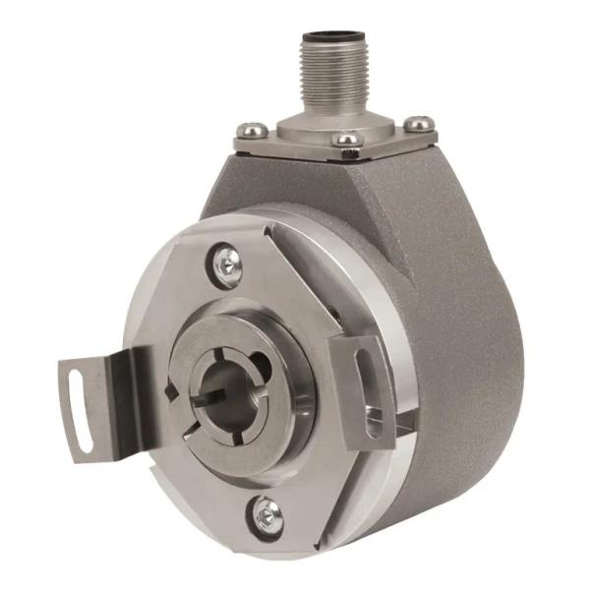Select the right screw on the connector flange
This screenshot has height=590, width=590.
click(420, 124)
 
